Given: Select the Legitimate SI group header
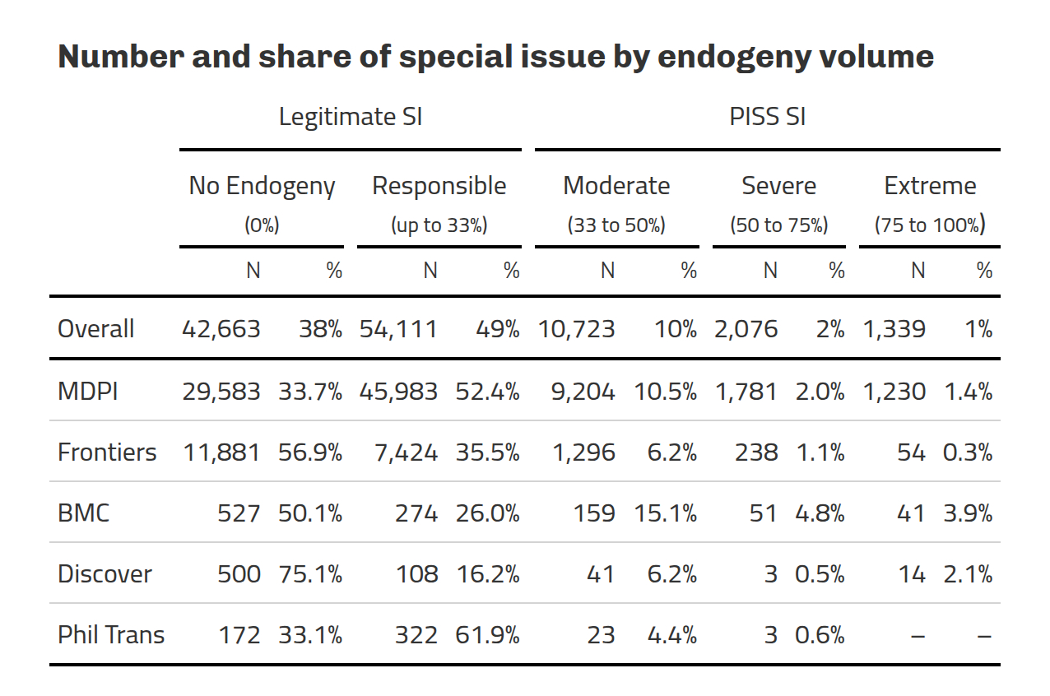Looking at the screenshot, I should [350, 117].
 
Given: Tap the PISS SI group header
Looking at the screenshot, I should [767, 117].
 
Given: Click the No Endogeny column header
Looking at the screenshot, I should [262, 186].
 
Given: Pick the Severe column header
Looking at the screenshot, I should [778, 186].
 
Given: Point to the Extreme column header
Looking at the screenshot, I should [930, 186].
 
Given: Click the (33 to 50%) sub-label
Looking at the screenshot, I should [616, 225].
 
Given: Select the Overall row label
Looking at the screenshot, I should [95, 329].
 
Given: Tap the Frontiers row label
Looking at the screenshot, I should [107, 452].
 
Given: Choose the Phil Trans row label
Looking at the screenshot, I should [111, 635].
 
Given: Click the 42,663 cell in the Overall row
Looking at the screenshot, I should [221, 329].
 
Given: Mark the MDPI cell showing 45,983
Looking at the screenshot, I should [398, 392].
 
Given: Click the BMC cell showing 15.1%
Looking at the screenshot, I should [665, 513].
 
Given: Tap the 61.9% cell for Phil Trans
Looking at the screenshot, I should [487, 635].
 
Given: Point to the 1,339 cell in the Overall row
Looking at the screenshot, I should [894, 329].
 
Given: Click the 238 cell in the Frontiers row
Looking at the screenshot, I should [758, 452].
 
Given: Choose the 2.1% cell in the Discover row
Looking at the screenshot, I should [968, 574].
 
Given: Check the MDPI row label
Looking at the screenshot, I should [88, 392].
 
